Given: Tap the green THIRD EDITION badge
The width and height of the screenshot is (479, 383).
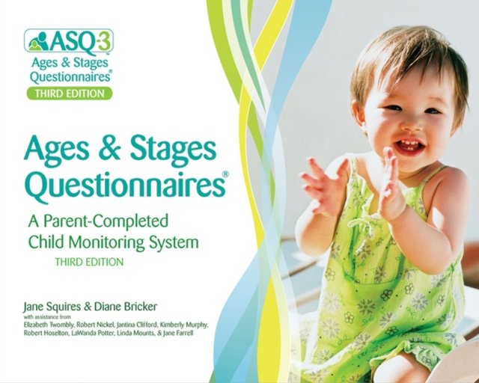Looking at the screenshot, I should (x=69, y=94).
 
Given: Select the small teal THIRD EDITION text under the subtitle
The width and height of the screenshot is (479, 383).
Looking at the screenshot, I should (x=89, y=263).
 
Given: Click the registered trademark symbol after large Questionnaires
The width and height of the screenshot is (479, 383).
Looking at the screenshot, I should (x=225, y=174).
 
